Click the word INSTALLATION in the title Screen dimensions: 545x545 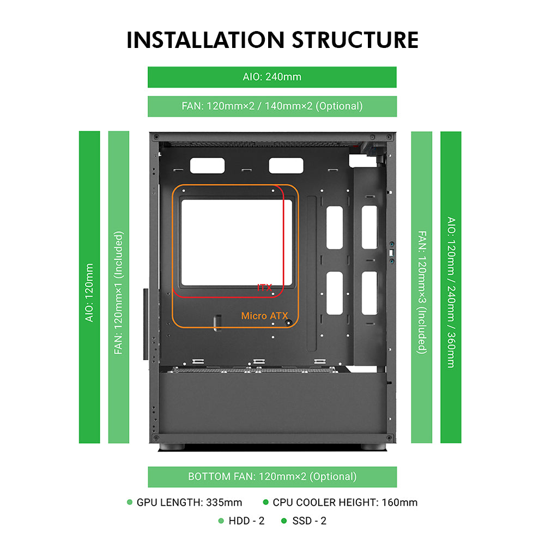point(205,40)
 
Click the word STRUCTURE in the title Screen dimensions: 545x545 point(355,40)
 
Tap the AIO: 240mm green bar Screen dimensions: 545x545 point(272,77)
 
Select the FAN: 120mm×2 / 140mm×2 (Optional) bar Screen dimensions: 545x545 point(272,106)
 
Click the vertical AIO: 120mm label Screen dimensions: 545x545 point(89,292)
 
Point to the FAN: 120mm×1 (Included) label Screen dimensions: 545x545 point(118,293)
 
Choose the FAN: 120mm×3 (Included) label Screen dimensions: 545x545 point(422,292)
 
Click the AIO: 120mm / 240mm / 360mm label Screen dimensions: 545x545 point(451,292)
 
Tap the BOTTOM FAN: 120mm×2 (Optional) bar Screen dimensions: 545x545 point(272,476)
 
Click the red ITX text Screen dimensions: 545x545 point(264,287)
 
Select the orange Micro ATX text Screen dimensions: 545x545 point(264,316)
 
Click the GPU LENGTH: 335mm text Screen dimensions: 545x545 point(189,502)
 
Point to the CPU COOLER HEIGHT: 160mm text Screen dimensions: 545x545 point(345,502)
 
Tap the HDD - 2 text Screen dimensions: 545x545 point(246,520)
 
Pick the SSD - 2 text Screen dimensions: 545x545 point(310,520)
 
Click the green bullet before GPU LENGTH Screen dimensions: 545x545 point(130,502)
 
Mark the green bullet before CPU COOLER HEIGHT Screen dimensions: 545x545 point(266,502)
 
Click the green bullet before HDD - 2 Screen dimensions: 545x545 point(221,520)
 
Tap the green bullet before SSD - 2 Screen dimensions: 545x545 point(284,520)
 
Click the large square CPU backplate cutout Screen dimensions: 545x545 point(237,243)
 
